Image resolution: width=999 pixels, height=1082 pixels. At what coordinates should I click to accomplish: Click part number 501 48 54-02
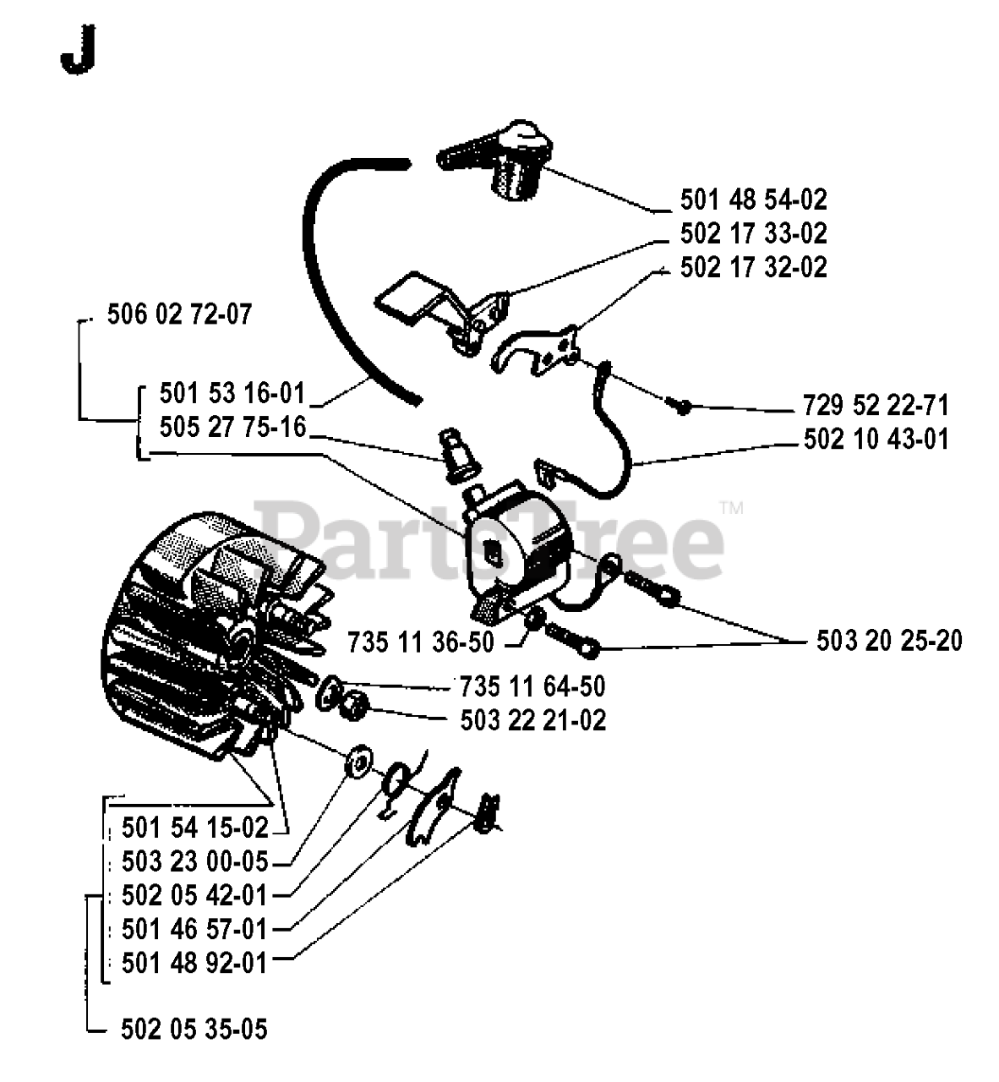click(753, 199)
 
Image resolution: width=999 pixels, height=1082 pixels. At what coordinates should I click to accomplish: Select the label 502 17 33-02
click(753, 233)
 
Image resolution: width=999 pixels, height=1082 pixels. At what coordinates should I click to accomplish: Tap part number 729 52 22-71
click(876, 405)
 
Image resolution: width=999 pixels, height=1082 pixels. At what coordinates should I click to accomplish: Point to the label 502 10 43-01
click(876, 440)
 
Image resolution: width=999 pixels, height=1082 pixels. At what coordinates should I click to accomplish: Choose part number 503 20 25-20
click(889, 641)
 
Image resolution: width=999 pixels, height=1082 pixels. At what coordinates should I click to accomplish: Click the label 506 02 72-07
click(179, 315)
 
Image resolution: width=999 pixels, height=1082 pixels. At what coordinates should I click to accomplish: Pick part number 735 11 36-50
click(420, 642)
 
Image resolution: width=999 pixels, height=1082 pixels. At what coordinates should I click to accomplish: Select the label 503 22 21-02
click(533, 720)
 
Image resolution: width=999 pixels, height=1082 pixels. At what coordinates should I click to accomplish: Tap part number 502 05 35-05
click(194, 1029)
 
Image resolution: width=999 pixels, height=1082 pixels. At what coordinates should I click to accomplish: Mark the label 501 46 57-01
click(194, 930)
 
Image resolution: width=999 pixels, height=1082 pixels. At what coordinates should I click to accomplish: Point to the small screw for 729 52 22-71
click(678, 405)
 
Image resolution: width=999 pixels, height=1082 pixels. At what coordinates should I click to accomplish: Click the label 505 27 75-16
click(232, 428)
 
